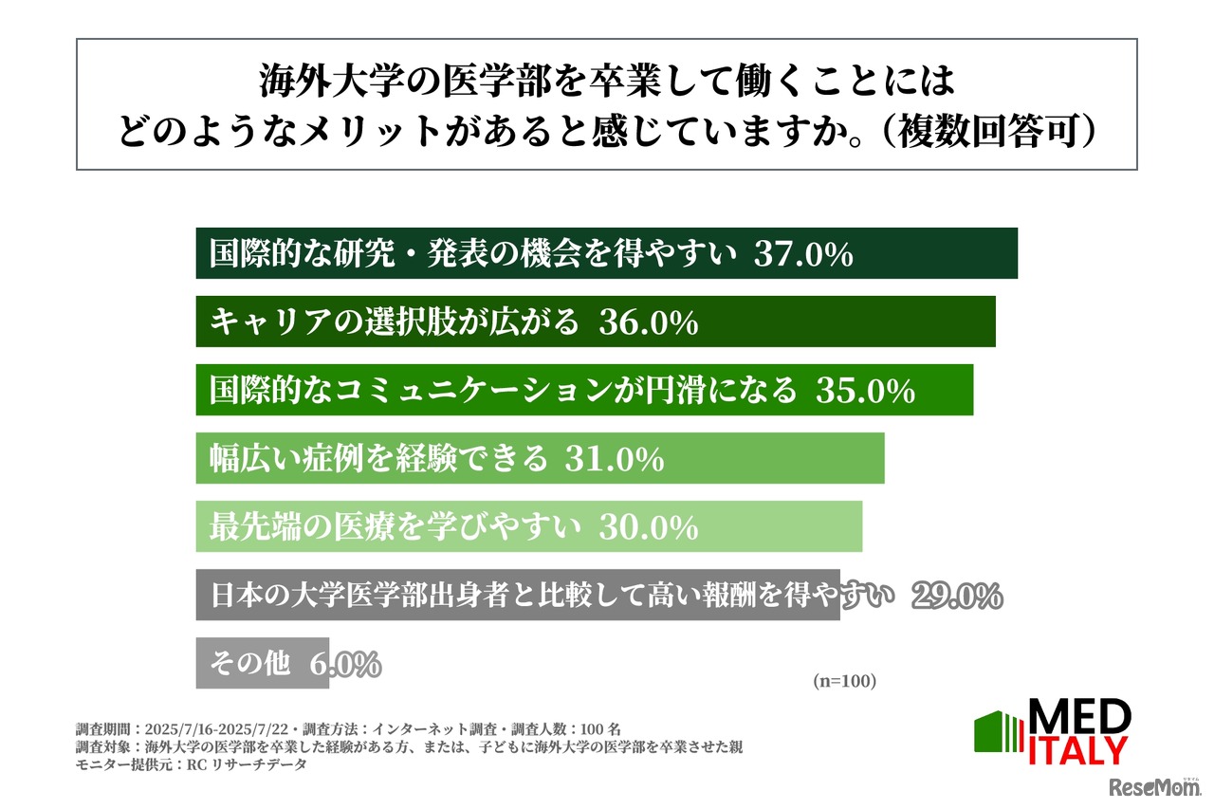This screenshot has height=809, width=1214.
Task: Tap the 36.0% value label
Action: coord(649,322)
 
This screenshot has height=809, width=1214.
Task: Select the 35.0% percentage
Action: coord(865,391)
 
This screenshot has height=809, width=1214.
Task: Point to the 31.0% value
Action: coord(614,459)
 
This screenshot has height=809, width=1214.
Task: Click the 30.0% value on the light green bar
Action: coord(649,527)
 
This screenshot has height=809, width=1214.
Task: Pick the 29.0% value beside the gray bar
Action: coord(957,596)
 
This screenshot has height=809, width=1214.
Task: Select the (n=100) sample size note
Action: coord(844,681)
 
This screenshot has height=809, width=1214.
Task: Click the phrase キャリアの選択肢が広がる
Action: coord(394,322)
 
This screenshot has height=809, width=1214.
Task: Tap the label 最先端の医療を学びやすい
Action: coord(394,527)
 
